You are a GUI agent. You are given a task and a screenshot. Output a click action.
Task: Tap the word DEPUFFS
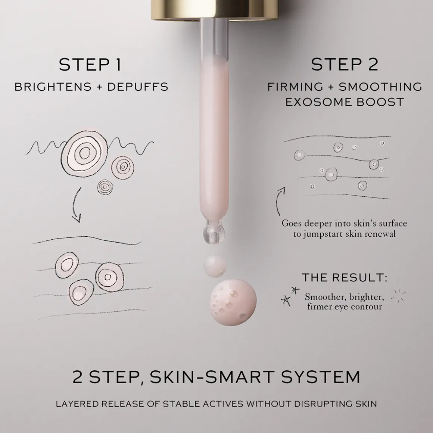coord(138,87)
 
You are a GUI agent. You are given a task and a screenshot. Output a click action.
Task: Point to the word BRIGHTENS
coord(53,87)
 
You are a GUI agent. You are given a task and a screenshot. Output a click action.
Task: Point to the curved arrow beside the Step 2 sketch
coord(280,200)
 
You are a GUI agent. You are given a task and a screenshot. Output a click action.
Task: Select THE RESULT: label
coord(344,278)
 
